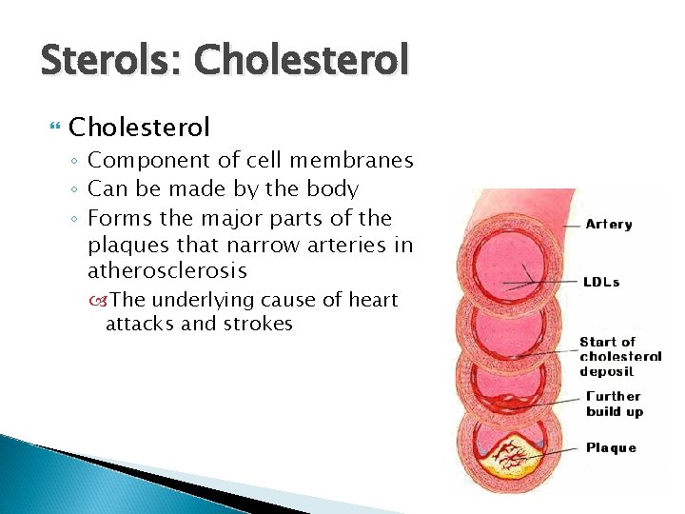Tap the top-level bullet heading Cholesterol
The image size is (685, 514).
click(140, 127)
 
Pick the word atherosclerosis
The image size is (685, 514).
click(167, 271)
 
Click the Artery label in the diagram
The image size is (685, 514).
click(609, 225)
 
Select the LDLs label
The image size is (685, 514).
click(602, 282)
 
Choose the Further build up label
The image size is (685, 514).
click(615, 404)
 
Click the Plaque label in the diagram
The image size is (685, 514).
click(611, 447)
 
